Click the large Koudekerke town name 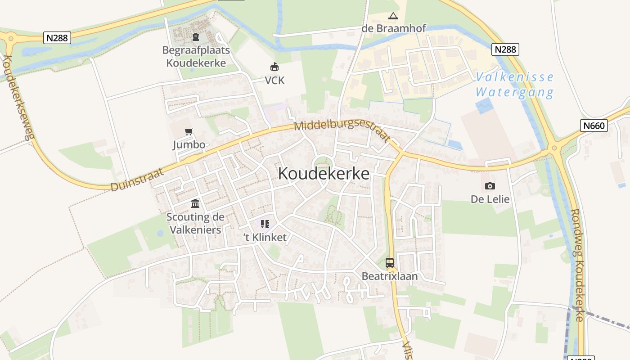point(324,173)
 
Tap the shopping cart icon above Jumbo point(189,132)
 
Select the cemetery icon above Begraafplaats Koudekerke point(196,37)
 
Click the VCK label point(274,81)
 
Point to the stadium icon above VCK point(274,67)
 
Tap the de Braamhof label point(394,28)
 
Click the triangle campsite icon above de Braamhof point(393,16)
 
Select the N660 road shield point(594,126)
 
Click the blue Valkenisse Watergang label point(515,85)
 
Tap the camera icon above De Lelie point(490,186)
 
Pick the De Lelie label point(490,199)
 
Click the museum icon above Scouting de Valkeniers point(195,204)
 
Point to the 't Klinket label point(265,238)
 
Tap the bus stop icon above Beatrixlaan point(390,263)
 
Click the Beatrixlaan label point(390,276)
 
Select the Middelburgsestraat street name point(342,130)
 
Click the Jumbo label point(189,145)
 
